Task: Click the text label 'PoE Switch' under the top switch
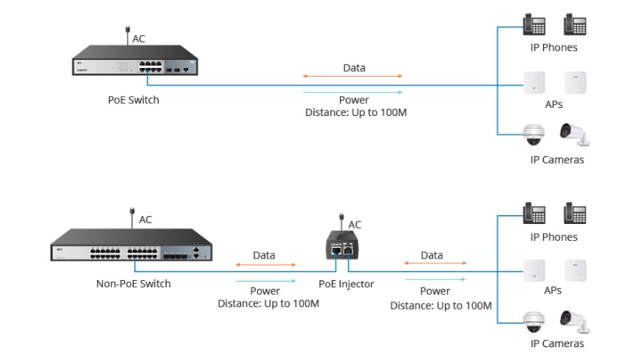click(134, 100)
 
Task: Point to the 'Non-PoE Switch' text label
click(134, 283)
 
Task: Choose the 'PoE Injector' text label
click(346, 283)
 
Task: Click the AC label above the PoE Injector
click(355, 225)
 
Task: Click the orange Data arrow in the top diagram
click(353, 78)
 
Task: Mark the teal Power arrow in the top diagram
click(353, 92)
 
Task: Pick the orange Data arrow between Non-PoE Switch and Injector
click(265, 265)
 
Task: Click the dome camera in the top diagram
click(534, 134)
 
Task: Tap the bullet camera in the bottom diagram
click(574, 320)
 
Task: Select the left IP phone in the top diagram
click(534, 25)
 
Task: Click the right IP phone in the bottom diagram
click(575, 214)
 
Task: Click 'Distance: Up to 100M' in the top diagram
click(356, 113)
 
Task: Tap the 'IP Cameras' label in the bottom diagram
click(557, 344)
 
